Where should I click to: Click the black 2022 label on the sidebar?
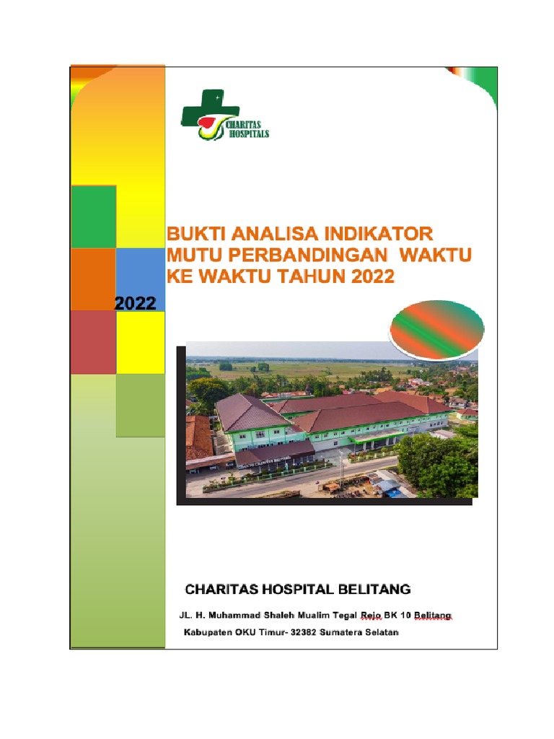tap(136, 303)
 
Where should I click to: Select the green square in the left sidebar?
tap(93, 217)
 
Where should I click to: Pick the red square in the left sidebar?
tap(93, 342)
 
